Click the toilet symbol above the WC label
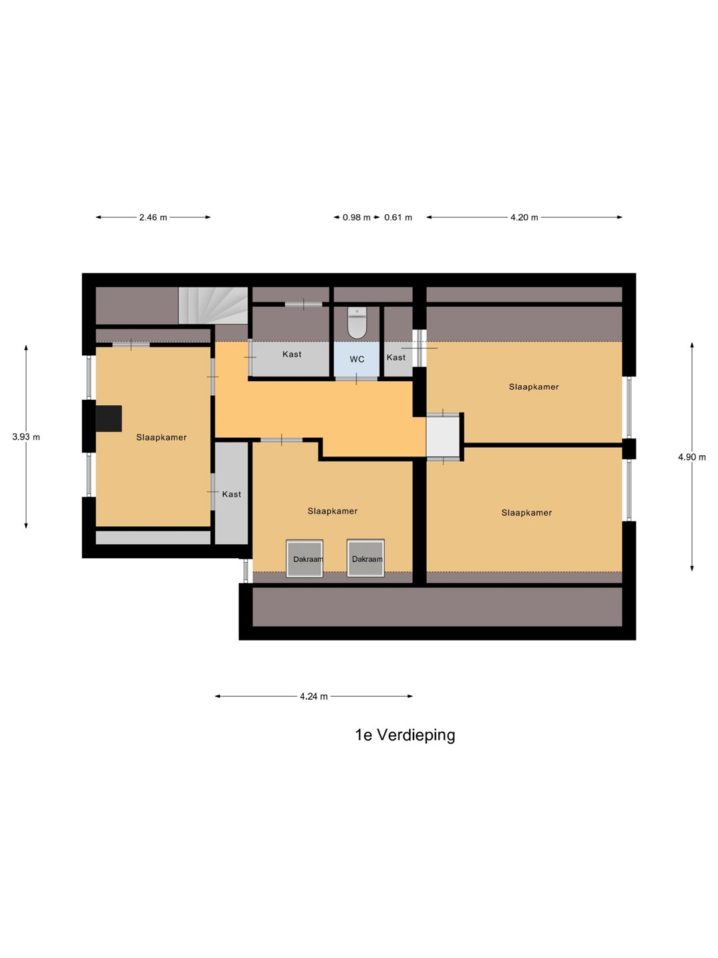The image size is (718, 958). pos(358,323)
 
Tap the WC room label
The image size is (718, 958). pos(356,359)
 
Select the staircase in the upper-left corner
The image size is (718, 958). pos(213,305)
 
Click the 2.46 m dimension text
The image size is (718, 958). pos(153,218)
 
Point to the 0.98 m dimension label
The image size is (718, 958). pos(356,218)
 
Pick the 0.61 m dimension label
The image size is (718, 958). pos(398,218)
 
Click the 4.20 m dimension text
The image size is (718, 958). pos(524,218)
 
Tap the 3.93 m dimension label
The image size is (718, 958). pos(26,437)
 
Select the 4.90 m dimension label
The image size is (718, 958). pos(692,457)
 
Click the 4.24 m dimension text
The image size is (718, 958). pos(313,697)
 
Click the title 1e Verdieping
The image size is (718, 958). pos(405,735)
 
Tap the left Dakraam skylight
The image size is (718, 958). pos(304,558)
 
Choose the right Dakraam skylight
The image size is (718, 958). pos(366,558)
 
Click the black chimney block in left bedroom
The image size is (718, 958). pos(108,418)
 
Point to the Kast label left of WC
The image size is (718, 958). pos(292,354)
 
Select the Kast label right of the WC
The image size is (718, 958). pos(396,357)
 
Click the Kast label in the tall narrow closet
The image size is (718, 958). pos(231,494)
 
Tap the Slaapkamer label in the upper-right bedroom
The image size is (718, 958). pos(534,387)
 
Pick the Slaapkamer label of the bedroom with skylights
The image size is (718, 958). pos(332,511)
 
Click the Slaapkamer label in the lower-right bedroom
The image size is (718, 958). pos(526,513)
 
